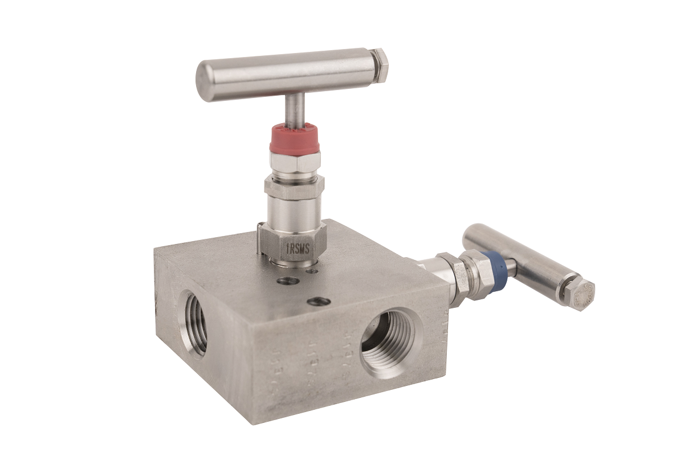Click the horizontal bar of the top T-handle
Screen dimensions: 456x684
[x=285, y=74]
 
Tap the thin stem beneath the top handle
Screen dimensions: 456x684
[x=295, y=111]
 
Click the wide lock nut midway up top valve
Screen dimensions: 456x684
[x=294, y=187]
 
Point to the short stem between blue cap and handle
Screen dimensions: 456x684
[x=510, y=268]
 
